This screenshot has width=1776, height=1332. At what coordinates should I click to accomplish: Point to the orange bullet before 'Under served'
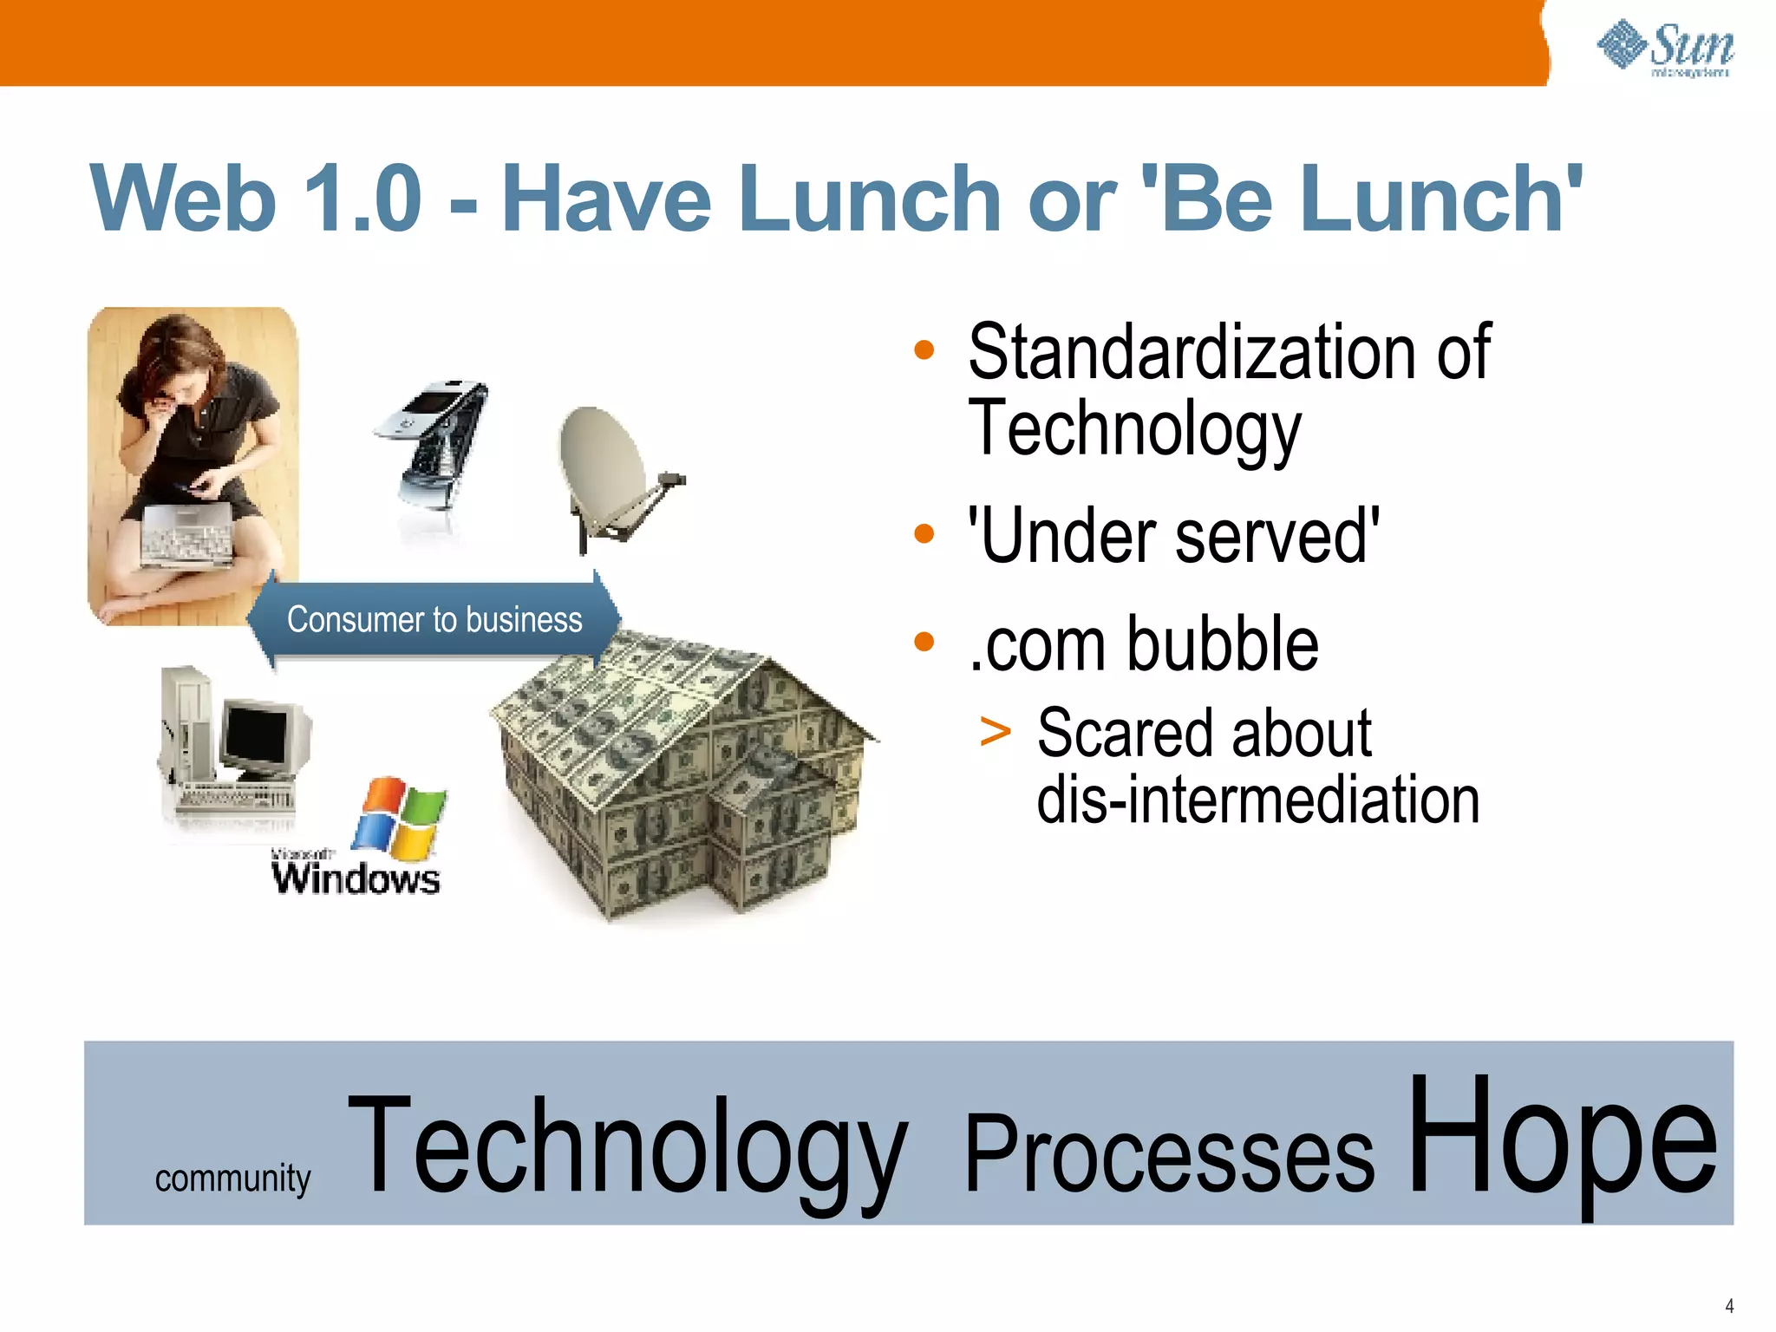(924, 533)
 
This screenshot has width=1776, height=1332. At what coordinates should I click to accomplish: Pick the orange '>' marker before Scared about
(995, 731)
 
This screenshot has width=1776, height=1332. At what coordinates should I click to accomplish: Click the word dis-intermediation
(1257, 800)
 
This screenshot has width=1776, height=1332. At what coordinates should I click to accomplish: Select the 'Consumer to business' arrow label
(434, 620)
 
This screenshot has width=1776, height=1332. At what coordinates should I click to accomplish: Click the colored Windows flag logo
(399, 815)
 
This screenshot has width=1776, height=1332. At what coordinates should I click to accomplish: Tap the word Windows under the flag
(356, 878)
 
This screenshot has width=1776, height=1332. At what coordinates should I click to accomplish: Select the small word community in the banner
(232, 1178)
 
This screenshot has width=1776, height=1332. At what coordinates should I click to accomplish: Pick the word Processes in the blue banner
(1168, 1153)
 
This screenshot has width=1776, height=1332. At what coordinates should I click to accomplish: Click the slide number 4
(1729, 1305)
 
